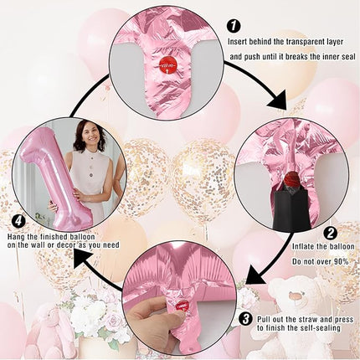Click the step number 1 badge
pyautogui.click(x=234, y=27)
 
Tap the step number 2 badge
pyautogui.click(x=330, y=234)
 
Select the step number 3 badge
pyautogui.click(x=246, y=319)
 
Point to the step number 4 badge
pyautogui.click(x=19, y=222)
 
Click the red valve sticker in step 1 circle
pyautogui.click(x=167, y=67)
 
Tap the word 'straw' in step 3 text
pyautogui.click(x=307, y=319)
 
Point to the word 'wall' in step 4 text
pyautogui.click(x=44, y=245)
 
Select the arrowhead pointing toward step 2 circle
pyautogui.click(x=278, y=100)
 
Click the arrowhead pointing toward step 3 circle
pyautogui.click(x=255, y=274)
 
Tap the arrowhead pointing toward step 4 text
pyautogui.click(x=84, y=259)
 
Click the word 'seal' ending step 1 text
pyautogui.click(x=349, y=57)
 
